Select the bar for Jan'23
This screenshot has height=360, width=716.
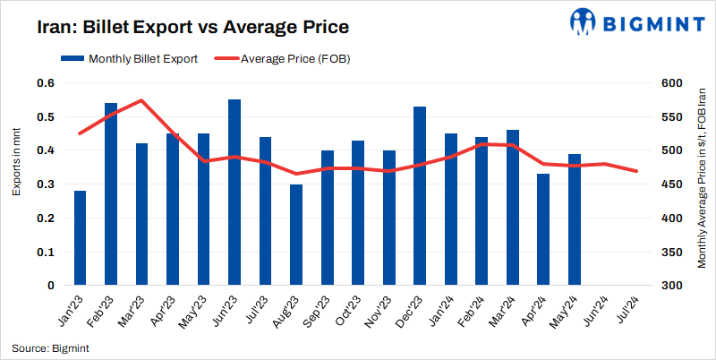(81, 238)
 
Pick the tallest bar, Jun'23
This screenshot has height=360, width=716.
(234, 193)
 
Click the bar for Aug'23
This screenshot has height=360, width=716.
(296, 235)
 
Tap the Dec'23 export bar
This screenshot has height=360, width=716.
(420, 196)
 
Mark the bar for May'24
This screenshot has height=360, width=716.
(574, 219)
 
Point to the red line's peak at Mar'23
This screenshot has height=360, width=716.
(141, 100)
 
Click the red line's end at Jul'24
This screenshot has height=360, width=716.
(636, 171)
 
